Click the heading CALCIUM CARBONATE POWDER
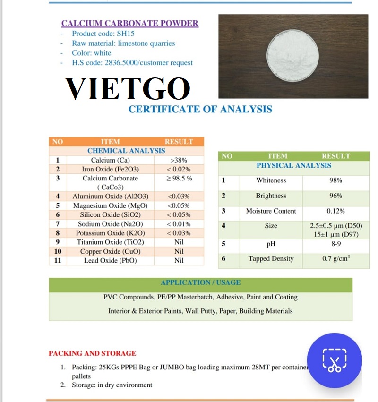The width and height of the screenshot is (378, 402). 130,23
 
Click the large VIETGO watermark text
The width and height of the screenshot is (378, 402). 128,87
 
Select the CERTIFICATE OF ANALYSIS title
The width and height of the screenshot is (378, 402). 200,109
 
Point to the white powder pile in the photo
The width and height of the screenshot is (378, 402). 292,55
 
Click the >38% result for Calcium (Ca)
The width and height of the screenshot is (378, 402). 179,160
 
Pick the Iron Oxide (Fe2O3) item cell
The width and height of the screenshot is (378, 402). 110,169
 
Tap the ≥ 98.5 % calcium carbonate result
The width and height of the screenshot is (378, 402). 179,179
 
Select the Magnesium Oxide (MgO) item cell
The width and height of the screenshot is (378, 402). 110,205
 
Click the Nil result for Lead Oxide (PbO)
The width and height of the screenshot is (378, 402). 179,260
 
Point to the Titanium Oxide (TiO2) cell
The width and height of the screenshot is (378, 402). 110,242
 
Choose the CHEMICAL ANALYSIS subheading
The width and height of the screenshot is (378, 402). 126,151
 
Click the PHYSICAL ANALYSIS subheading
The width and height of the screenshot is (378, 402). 293,165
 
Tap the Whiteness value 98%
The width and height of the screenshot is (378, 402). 335,180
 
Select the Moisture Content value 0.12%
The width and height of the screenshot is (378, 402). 335,211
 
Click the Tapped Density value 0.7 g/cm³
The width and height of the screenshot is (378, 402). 335,259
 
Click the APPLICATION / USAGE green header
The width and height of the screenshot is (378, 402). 200,282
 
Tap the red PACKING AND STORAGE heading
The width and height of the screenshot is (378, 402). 92,353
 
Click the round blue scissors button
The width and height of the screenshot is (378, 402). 335,360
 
